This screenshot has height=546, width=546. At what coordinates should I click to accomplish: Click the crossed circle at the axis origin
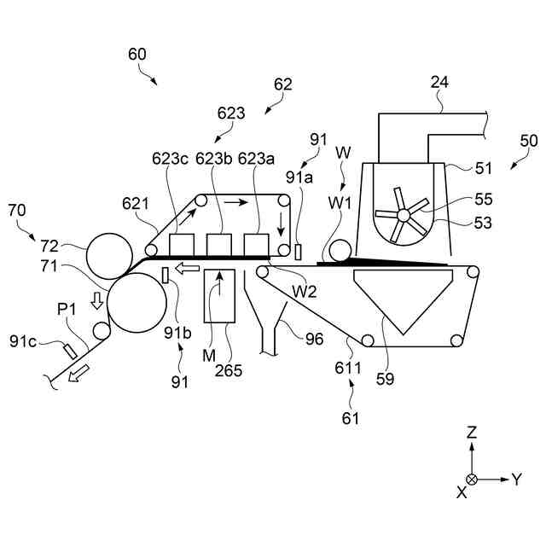click(472, 479)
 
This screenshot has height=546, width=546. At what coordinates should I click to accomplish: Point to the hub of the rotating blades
click(404, 215)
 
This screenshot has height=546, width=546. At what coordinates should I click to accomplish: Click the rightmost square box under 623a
click(257, 245)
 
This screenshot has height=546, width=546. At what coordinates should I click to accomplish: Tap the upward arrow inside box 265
click(220, 291)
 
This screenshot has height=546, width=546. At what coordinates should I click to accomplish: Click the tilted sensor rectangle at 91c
click(71, 350)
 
